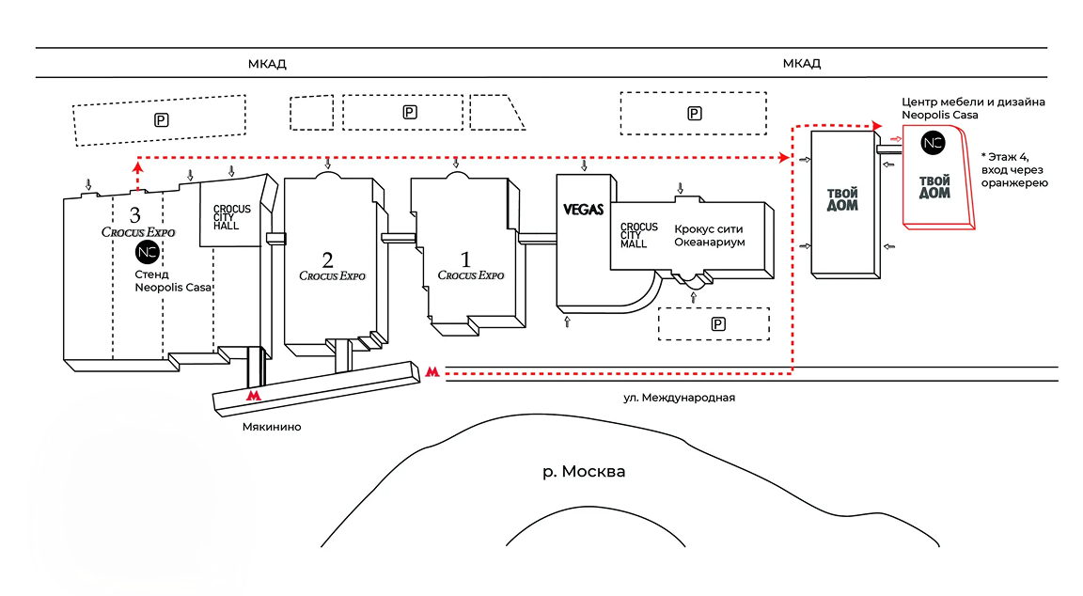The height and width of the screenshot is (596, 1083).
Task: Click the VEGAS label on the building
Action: click(x=583, y=210)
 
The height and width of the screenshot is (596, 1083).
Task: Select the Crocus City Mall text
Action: click(x=638, y=235)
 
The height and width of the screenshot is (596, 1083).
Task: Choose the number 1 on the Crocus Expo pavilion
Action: click(x=467, y=258)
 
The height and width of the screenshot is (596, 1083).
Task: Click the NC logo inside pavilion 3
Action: click(x=146, y=252)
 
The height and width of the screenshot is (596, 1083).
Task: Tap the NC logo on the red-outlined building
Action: click(x=932, y=143)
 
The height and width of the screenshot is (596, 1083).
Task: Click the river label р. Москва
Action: click(x=583, y=471)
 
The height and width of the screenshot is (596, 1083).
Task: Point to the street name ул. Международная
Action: click(x=679, y=398)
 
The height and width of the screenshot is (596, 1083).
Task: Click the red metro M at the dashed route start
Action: click(x=432, y=372)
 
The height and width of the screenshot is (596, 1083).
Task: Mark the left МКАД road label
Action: click(x=267, y=64)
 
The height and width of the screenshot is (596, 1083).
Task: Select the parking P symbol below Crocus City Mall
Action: click(x=718, y=324)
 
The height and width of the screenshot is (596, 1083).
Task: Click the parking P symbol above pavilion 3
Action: click(x=161, y=119)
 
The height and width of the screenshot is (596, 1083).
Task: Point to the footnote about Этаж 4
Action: click(x=1013, y=168)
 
